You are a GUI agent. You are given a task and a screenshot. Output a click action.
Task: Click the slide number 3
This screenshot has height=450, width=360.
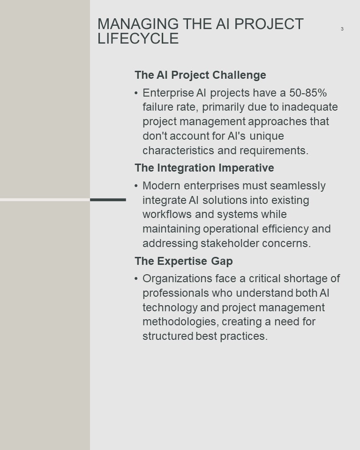(x=342, y=29)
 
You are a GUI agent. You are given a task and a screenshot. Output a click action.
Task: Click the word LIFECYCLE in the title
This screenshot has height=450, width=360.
(x=138, y=38)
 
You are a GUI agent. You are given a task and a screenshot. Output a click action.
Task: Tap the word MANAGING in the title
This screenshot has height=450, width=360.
(x=138, y=24)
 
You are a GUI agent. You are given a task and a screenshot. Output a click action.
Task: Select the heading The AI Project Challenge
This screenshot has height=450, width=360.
(x=200, y=75)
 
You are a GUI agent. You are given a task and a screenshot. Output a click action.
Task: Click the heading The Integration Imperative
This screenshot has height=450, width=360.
(x=204, y=168)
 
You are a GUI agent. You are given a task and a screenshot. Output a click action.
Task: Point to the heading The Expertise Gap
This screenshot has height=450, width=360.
(x=184, y=261)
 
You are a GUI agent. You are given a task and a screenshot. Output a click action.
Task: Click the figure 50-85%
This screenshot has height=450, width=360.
(x=308, y=93)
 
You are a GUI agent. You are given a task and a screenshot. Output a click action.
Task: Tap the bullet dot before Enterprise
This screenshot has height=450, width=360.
(x=136, y=93)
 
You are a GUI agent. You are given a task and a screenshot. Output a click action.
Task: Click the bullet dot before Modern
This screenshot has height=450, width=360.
(x=136, y=186)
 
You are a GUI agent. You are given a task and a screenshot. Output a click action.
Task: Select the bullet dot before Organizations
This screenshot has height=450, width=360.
(x=136, y=278)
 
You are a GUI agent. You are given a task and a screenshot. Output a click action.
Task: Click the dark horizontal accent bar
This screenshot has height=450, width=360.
(x=108, y=200)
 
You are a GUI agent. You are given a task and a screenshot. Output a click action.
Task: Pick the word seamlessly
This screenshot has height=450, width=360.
(x=298, y=186)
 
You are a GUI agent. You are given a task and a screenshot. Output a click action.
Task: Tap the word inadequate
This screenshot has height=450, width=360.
(x=309, y=107)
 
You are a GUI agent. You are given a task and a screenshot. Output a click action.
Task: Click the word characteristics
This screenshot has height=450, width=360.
(x=178, y=150)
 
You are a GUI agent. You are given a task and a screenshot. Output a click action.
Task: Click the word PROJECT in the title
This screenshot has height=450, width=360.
(x=269, y=24)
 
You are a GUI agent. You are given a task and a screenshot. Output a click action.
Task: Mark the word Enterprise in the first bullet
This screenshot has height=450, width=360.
(x=168, y=93)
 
